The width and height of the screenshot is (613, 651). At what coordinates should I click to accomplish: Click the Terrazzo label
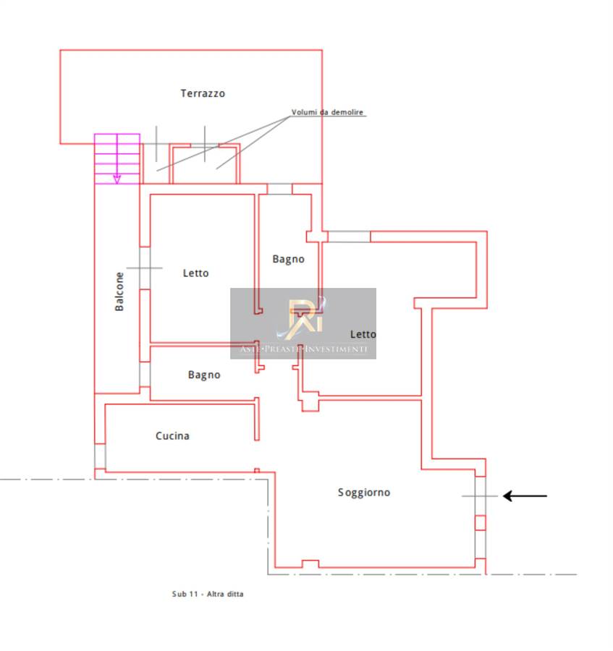pyautogui.click(x=203, y=93)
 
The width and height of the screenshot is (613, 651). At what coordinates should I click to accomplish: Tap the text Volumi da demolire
pyautogui.click(x=328, y=113)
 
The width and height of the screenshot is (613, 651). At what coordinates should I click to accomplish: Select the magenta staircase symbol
pyautogui.click(x=117, y=158)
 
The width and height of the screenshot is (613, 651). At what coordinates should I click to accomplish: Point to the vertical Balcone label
pyautogui.click(x=120, y=292)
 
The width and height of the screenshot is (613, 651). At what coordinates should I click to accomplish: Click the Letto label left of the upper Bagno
pyautogui.click(x=195, y=273)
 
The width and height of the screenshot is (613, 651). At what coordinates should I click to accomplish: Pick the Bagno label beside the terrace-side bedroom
pyautogui.click(x=288, y=259)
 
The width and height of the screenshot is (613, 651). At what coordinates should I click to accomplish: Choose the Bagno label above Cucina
pyautogui.click(x=204, y=375)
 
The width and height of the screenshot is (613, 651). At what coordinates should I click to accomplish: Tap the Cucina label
pyautogui.click(x=172, y=436)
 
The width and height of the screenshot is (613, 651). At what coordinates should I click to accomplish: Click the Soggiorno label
pyautogui.click(x=364, y=493)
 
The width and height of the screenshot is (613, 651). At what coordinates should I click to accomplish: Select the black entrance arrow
pyautogui.click(x=525, y=496)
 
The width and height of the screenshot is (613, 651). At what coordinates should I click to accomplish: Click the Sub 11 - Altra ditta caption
pyautogui.click(x=208, y=594)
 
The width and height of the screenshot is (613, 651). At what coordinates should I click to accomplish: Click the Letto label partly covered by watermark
pyautogui.click(x=363, y=334)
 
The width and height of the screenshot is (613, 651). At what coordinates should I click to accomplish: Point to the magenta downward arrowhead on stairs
pyautogui.click(x=117, y=178)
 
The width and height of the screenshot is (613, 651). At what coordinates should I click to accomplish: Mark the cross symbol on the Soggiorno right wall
pyautogui.click(x=480, y=496)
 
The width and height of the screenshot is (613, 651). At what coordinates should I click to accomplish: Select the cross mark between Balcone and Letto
pyautogui.click(x=144, y=268)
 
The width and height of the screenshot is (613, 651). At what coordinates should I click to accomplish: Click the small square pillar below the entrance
pyautogui.click(x=480, y=522)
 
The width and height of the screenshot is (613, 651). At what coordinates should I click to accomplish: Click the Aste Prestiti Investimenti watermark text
pyautogui.click(x=303, y=349)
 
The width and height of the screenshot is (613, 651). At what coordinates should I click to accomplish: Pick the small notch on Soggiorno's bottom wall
pyautogui.click(x=310, y=563)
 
